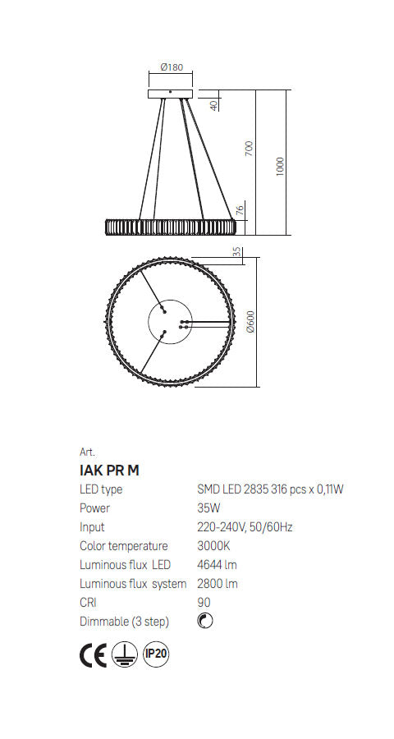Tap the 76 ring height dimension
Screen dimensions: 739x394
click(240, 210)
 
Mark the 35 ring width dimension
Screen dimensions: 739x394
click(236, 252)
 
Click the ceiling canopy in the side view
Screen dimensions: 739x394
click(169, 94)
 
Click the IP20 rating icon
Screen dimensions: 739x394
click(156, 654)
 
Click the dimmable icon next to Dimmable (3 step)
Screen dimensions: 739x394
click(205, 621)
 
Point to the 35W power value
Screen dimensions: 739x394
click(208, 508)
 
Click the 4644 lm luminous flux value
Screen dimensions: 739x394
click(218, 565)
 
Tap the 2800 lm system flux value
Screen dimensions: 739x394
click(218, 584)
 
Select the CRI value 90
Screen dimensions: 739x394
click(204, 603)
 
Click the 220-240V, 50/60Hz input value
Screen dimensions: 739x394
click(244, 527)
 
